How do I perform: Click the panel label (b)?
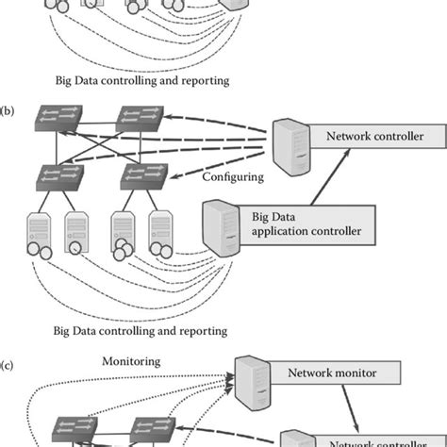pyautogui.click(x=8, y=109)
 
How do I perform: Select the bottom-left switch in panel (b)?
pyautogui.click(x=55, y=176)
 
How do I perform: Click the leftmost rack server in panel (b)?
pyautogui.click(x=41, y=232)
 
